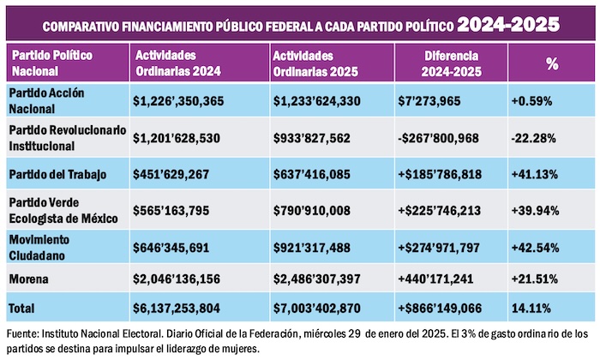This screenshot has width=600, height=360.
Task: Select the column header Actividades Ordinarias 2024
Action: (x=171, y=62)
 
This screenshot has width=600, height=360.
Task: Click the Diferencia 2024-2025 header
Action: (x=451, y=62)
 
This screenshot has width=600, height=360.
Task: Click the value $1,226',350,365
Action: (x=178, y=101)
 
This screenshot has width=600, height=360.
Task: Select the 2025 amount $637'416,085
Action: (x=311, y=175)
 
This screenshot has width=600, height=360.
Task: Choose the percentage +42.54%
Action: (x=537, y=248)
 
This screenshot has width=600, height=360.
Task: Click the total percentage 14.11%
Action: (x=533, y=306)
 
